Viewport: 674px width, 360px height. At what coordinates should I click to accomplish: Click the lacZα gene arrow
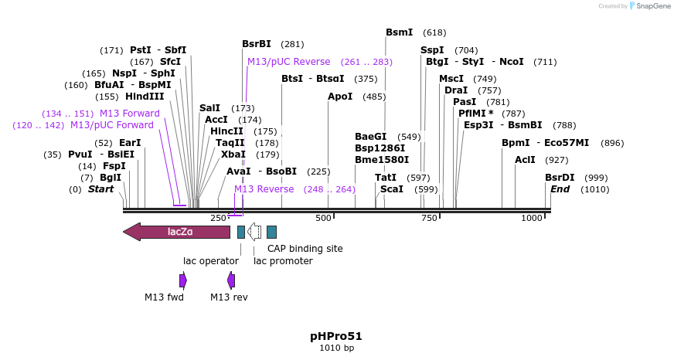tap(177, 232)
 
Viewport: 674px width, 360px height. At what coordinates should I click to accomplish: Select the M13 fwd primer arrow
tap(183, 280)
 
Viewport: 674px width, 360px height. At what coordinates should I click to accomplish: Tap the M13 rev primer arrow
tap(231, 280)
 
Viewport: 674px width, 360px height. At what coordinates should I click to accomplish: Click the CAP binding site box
tap(271, 232)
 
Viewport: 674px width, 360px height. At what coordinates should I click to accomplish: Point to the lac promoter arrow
tap(254, 232)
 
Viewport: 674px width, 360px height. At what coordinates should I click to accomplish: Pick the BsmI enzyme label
tap(400, 32)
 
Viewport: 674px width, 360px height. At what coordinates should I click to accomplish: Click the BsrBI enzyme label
tap(257, 44)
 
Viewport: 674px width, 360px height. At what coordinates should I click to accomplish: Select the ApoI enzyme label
tap(340, 97)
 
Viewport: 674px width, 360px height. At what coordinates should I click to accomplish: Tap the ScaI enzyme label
tap(392, 188)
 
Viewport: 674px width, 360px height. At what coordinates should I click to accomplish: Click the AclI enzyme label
tap(525, 160)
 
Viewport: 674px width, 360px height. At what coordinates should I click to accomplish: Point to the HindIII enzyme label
tap(145, 97)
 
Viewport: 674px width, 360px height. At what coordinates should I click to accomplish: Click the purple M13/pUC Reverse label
tap(288, 62)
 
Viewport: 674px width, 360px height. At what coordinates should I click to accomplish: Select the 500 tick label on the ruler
tap(324, 219)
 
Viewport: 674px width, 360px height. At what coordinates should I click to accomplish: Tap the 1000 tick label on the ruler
tap(532, 219)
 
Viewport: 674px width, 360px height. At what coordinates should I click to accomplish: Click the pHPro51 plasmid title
tap(336, 336)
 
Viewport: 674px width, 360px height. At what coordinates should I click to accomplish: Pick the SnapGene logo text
tap(652, 6)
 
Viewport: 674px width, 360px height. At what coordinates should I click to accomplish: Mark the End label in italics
tap(560, 189)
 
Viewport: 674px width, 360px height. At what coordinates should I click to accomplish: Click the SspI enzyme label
tap(433, 50)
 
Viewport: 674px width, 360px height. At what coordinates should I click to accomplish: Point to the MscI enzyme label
tap(451, 79)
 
